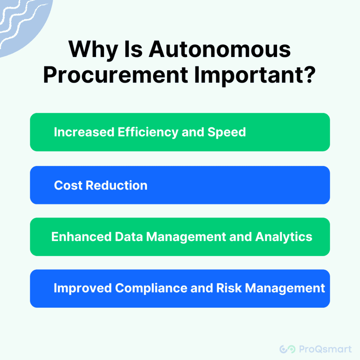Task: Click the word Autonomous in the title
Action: (220, 49)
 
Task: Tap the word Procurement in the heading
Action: (116, 75)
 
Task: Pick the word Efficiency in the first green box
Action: (148, 132)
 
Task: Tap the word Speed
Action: (227, 132)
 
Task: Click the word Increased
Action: (84, 132)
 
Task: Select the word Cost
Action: (68, 185)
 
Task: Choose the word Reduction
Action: (116, 185)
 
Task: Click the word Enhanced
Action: (81, 237)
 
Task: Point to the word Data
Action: (129, 237)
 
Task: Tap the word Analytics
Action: (284, 237)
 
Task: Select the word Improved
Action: (83, 288)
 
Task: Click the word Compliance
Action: (151, 288)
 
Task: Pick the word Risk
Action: (229, 288)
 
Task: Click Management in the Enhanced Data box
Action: (186, 237)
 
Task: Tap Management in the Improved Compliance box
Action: (285, 289)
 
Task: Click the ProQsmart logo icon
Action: (287, 349)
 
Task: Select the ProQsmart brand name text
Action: (325, 349)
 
